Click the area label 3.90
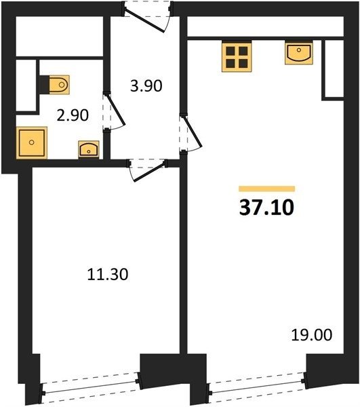pos(146,86)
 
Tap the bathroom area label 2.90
pos(73,115)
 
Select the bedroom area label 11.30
pos(108,274)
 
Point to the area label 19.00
pos(311,334)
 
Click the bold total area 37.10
pos(266,208)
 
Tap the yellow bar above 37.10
pos(267,189)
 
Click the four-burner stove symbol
pos(237,57)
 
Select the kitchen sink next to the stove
pos(299,54)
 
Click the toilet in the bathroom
pos(59,85)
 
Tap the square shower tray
pos(32,142)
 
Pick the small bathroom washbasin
pos(89,149)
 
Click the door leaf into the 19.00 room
pos(193,132)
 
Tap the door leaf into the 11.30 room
pos(150,172)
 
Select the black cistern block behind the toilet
pos(44,85)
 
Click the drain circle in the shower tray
pos(32,142)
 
